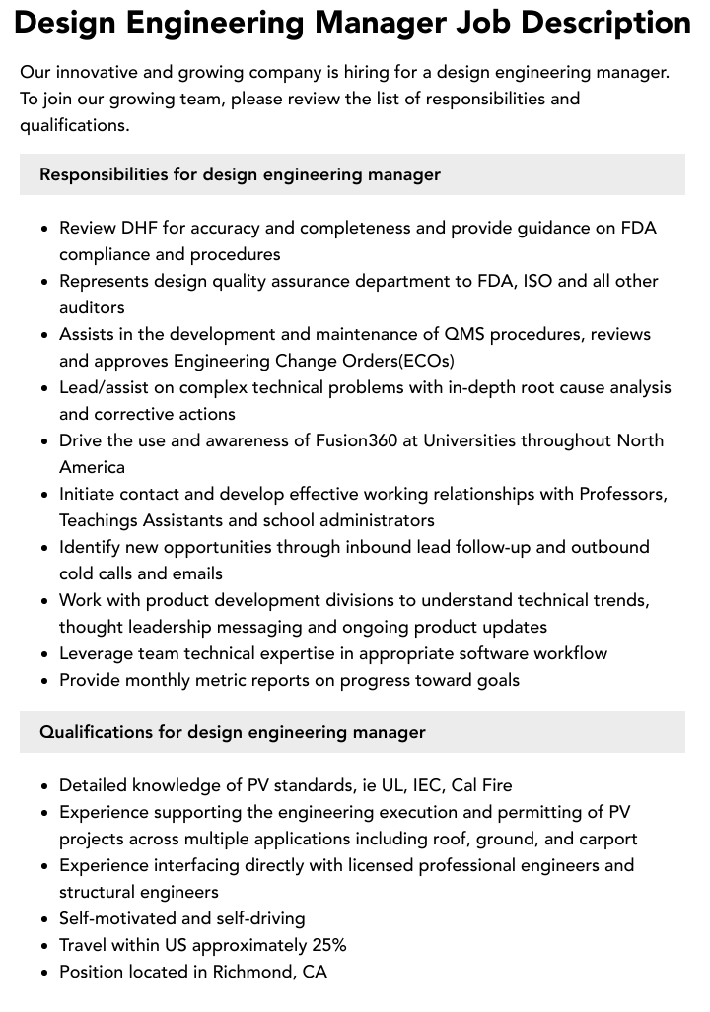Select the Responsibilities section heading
point(240,174)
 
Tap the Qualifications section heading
point(233,732)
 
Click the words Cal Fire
point(482,785)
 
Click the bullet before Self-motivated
point(45,919)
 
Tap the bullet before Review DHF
point(45,229)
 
